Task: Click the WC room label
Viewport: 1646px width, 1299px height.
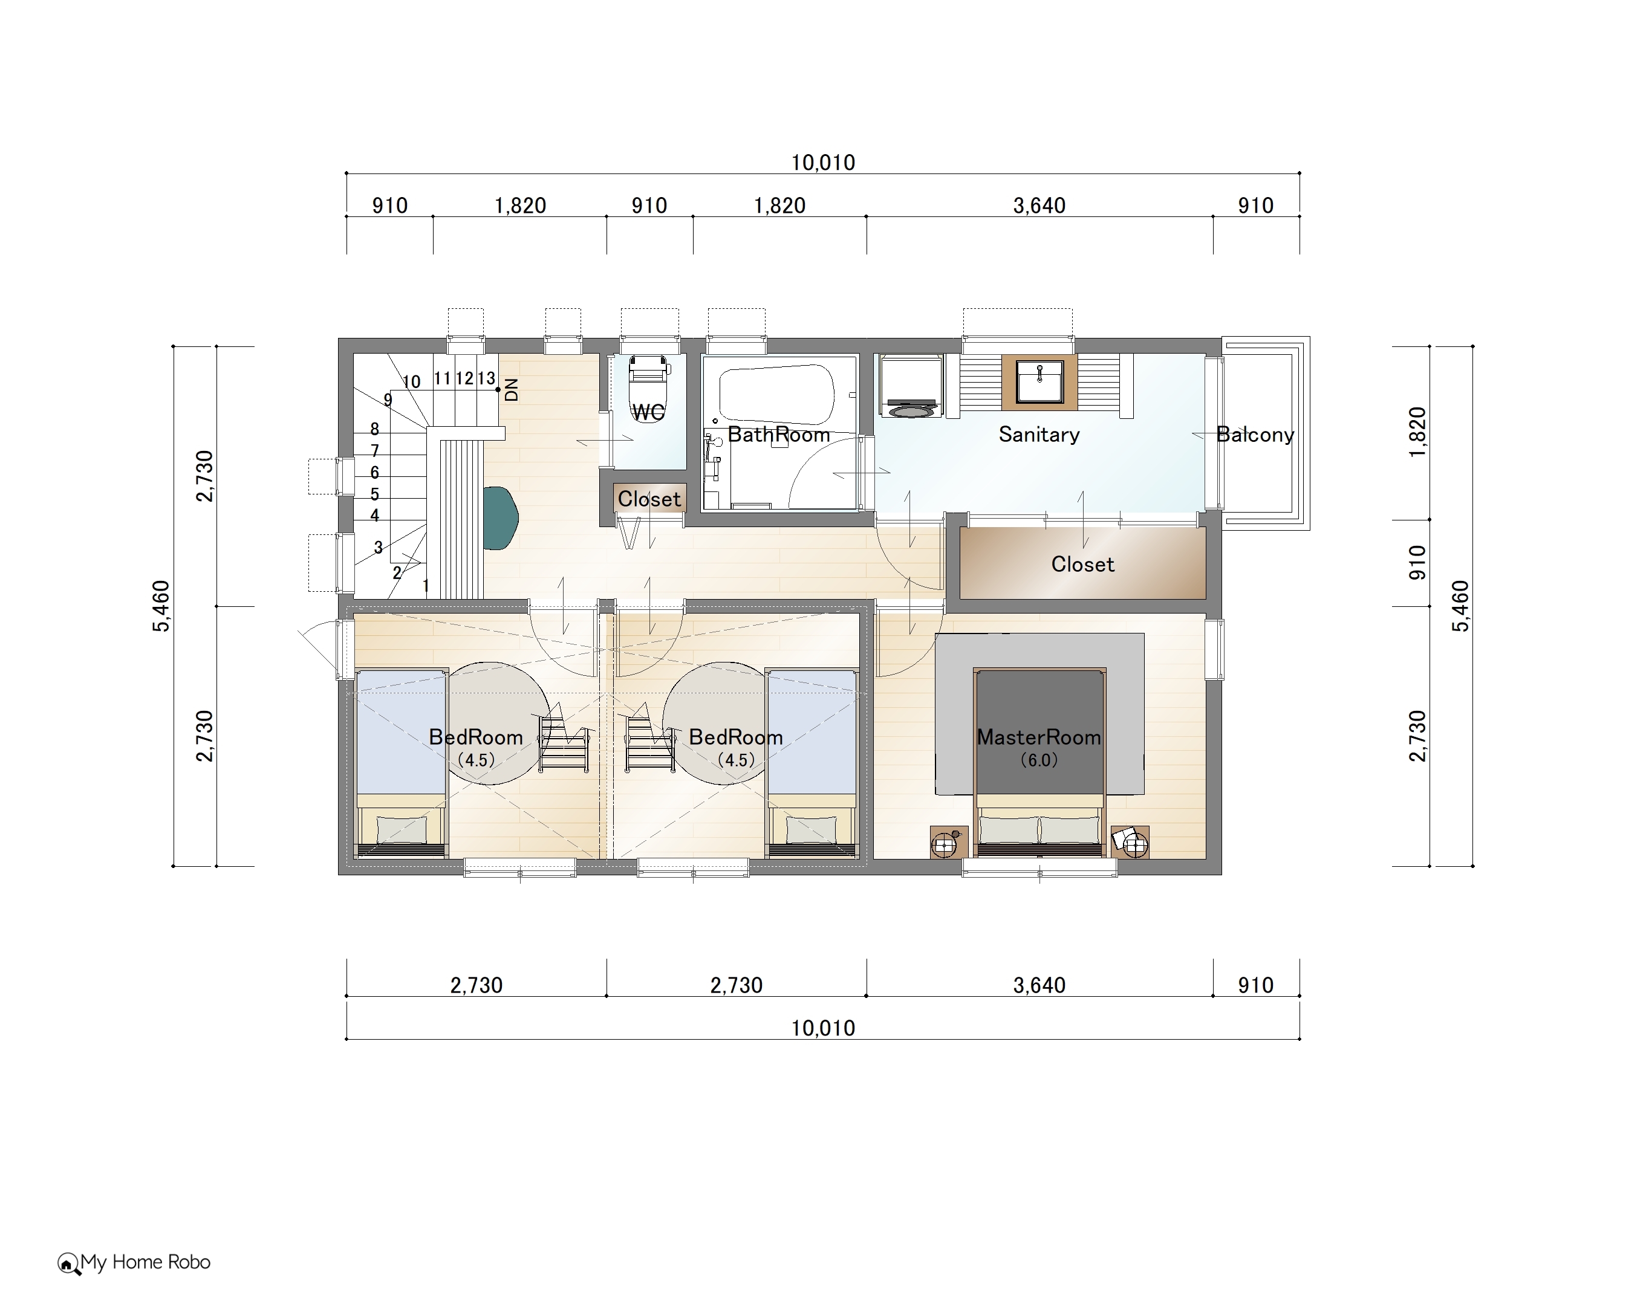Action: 648,412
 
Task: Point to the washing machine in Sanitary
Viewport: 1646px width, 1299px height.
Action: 911,386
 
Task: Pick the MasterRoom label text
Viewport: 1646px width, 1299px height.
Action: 1039,737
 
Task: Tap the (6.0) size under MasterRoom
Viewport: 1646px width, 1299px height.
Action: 1039,760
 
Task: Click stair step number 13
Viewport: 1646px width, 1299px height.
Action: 486,378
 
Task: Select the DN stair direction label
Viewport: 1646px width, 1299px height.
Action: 511,389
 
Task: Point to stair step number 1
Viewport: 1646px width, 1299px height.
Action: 426,586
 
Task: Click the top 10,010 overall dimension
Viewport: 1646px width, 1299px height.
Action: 823,162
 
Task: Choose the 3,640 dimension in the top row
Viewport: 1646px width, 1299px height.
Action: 1039,206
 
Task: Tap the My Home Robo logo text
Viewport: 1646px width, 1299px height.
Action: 145,1262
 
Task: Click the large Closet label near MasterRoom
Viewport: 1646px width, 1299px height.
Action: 1082,565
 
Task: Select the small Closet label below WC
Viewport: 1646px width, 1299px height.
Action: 649,499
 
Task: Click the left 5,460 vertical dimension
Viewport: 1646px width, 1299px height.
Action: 161,606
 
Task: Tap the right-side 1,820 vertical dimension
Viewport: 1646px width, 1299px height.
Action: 1418,432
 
